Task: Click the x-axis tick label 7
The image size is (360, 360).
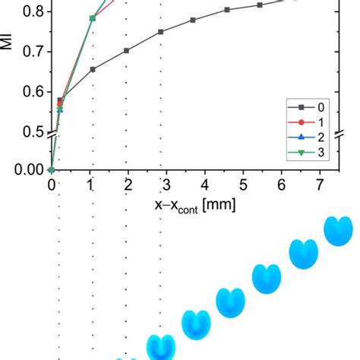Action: coord(320,185)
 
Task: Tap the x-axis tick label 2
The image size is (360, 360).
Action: coord(128,185)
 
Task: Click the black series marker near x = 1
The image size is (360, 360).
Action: coord(93,69)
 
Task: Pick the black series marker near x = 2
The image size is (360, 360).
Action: coord(126,51)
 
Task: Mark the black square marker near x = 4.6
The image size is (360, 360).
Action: coord(227,10)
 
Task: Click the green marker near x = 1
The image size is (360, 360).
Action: coord(93,18)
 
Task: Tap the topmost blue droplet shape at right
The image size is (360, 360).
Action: coord(337,231)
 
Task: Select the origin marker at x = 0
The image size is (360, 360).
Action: coord(52,169)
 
